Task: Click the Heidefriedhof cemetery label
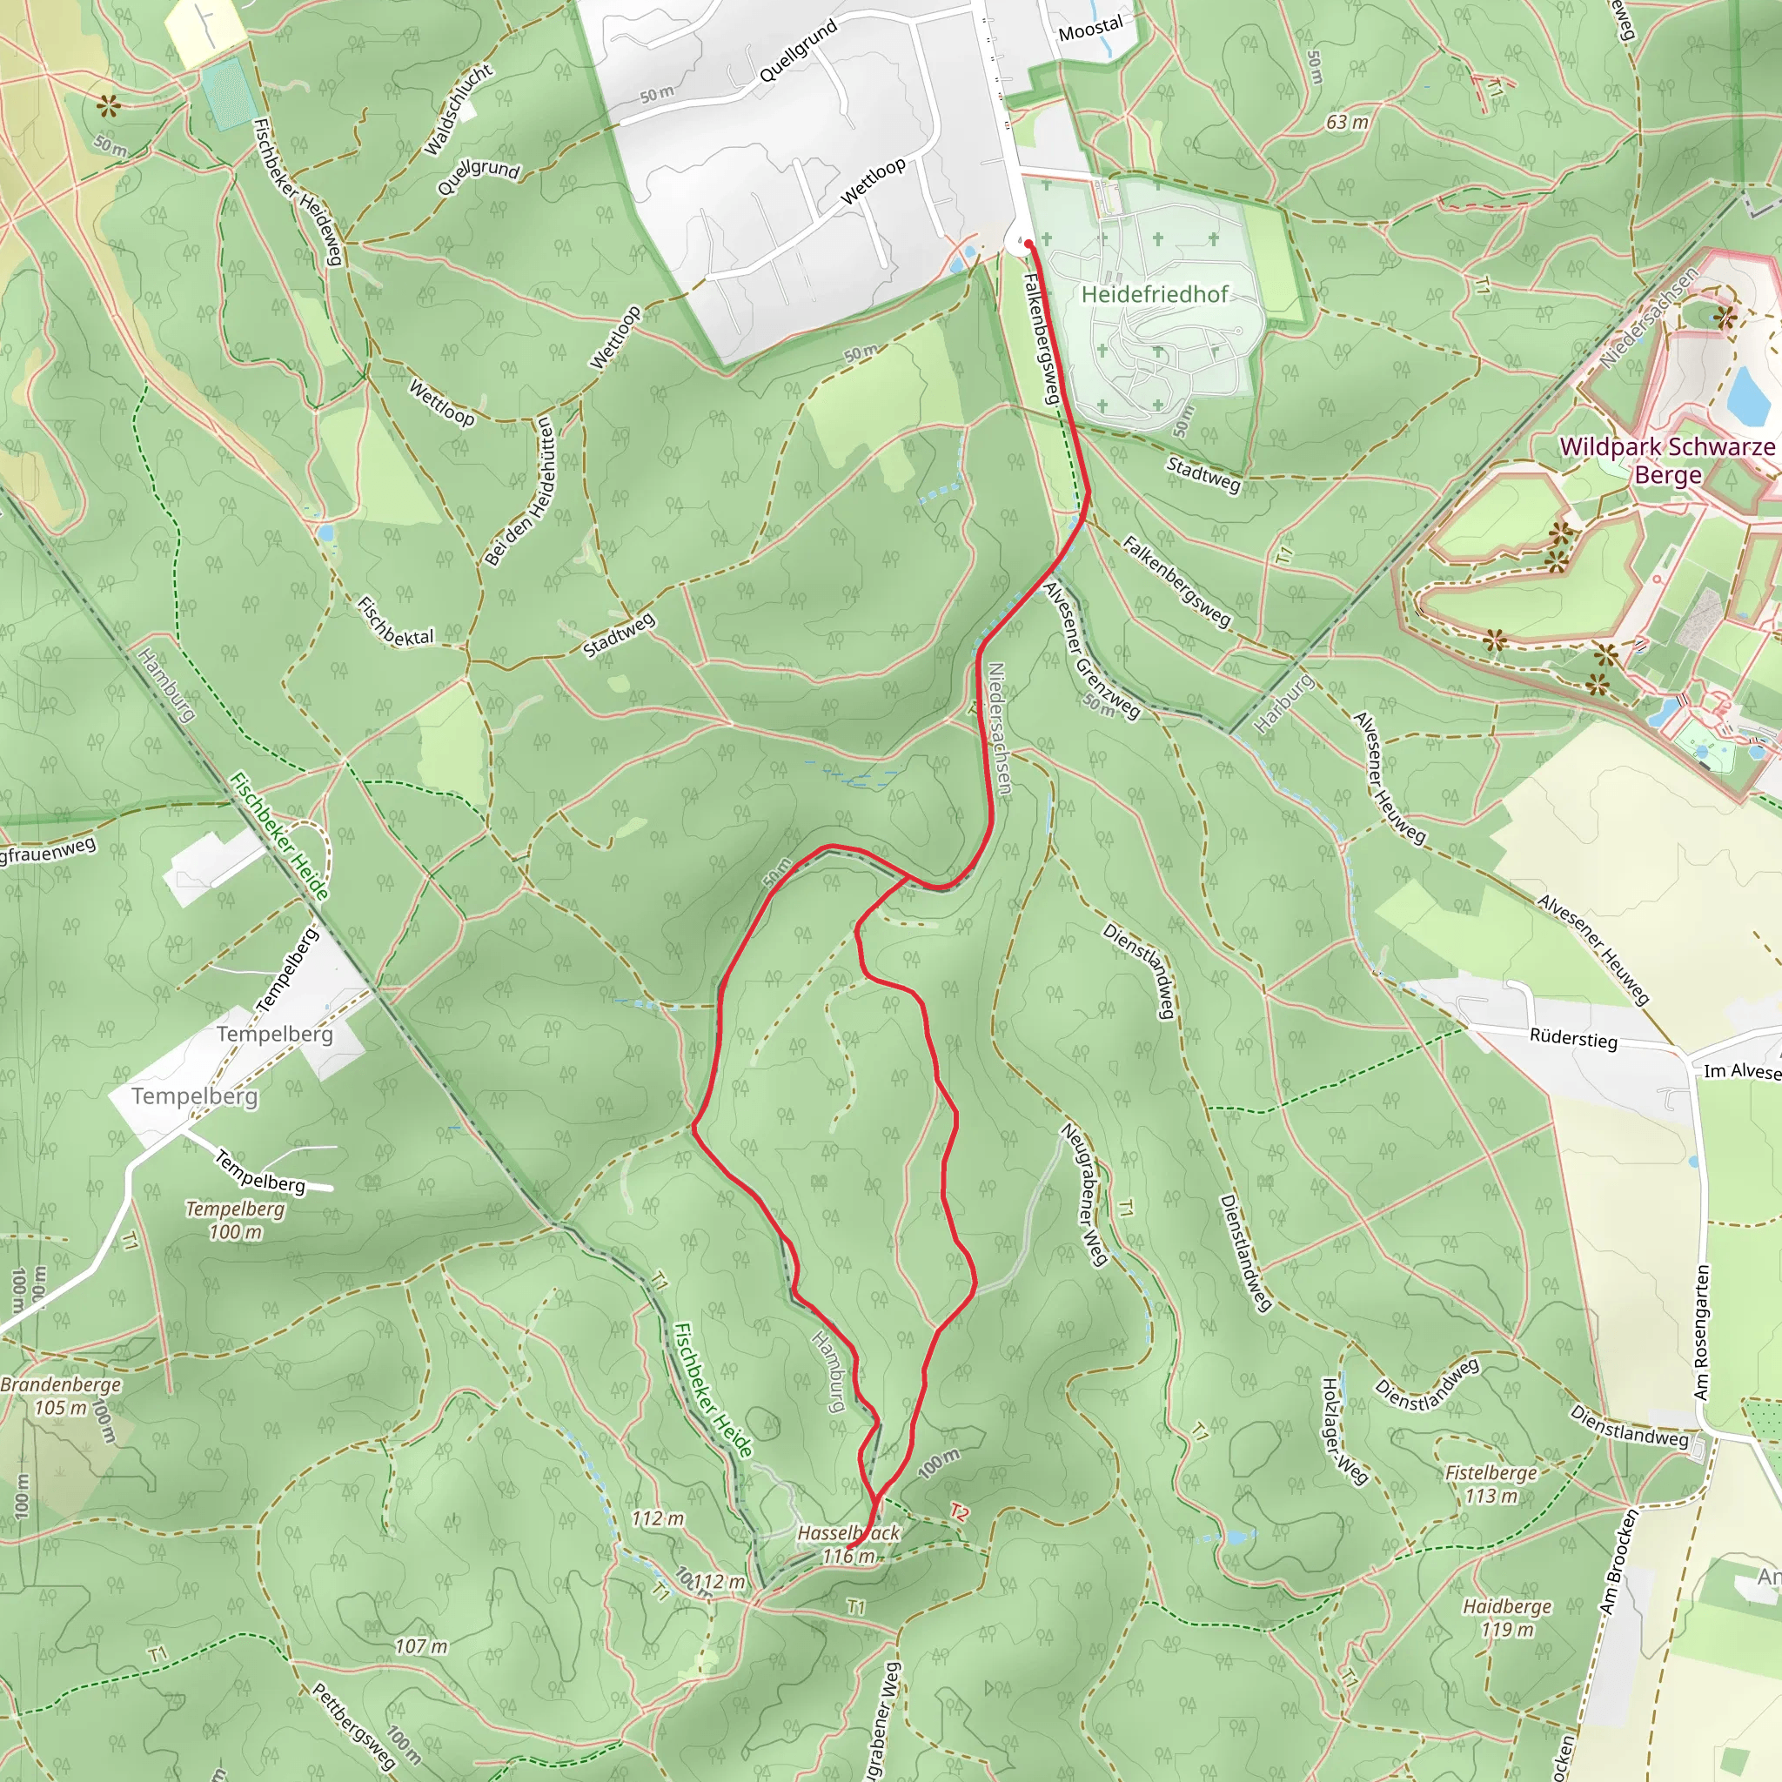pyautogui.click(x=1154, y=294)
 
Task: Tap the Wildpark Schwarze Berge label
pyautogui.click(x=1666, y=460)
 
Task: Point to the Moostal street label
pyautogui.click(x=1090, y=29)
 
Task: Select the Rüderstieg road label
pyautogui.click(x=1572, y=1039)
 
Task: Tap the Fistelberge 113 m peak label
pyautogui.click(x=1491, y=1484)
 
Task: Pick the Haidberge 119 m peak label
pyautogui.click(x=1507, y=1618)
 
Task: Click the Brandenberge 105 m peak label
pyautogui.click(x=61, y=1397)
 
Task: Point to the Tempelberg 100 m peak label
pyautogui.click(x=235, y=1219)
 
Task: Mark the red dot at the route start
pyautogui.click(x=1028, y=244)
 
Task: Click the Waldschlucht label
pyautogui.click(x=459, y=110)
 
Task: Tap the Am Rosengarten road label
pyautogui.click(x=1702, y=1332)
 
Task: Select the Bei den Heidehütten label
pyautogui.click(x=520, y=490)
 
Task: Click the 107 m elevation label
pyautogui.click(x=421, y=1645)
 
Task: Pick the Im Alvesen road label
pyautogui.click(x=1741, y=1071)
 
